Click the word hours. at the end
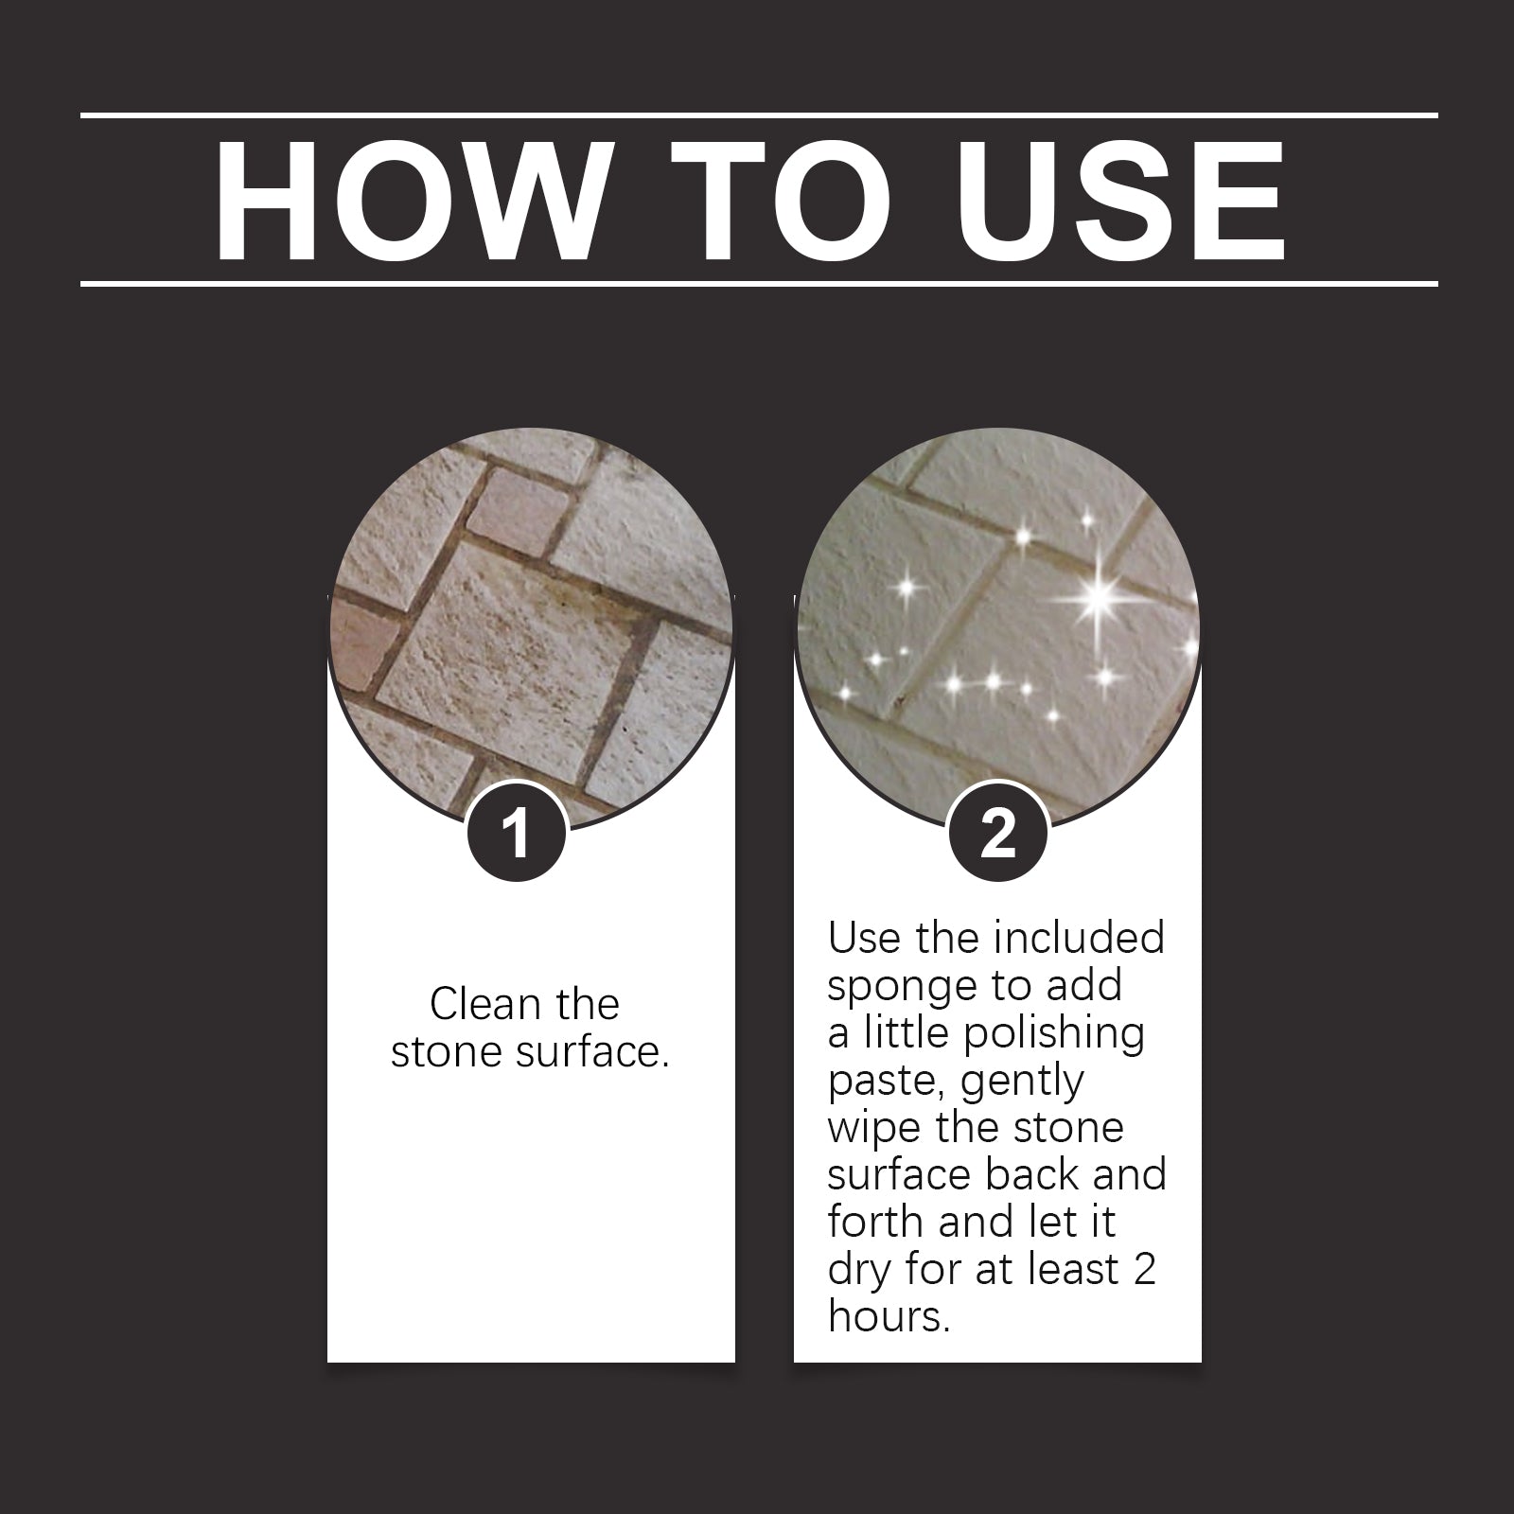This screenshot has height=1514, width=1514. click(x=888, y=1316)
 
